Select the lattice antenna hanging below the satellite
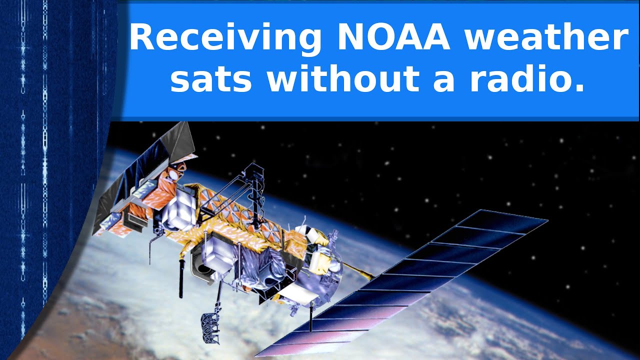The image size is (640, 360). pos(210,327)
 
